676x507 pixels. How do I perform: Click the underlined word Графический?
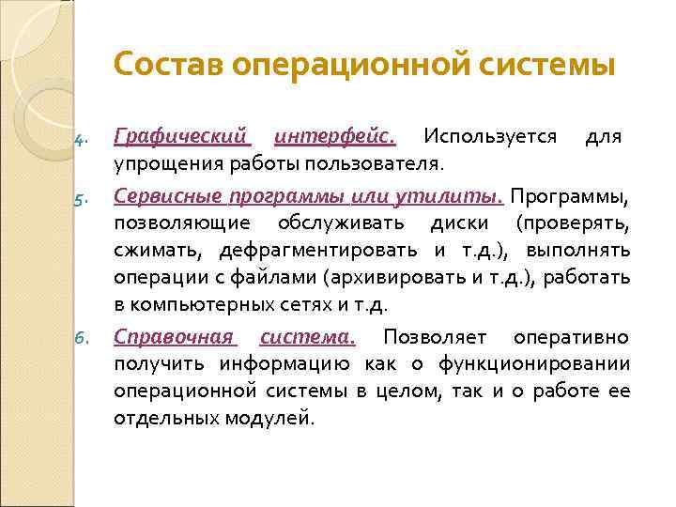click(182, 137)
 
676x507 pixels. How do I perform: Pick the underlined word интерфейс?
click(335, 137)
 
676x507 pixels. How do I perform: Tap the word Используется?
click(489, 137)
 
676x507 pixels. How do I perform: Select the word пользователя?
click(382, 165)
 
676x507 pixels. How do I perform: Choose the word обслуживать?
click(340, 223)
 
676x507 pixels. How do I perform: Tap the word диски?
click(459, 223)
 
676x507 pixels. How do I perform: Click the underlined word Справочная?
click(175, 336)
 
